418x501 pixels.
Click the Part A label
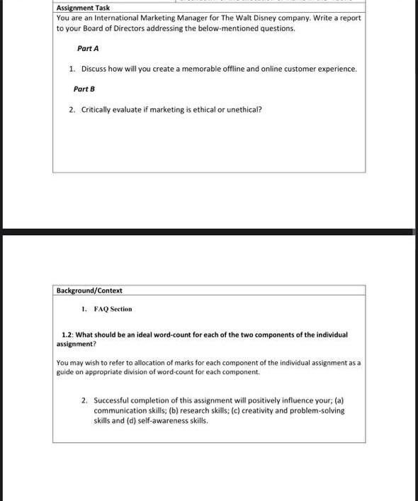coord(88,48)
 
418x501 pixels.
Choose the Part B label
coord(84,89)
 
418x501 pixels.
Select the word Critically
coord(96,110)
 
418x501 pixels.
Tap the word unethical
coord(243,110)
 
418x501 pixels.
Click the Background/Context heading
coord(89,291)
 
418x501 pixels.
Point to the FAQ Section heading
coord(113,309)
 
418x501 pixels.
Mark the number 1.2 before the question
coord(67,334)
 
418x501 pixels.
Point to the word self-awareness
coord(159,420)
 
